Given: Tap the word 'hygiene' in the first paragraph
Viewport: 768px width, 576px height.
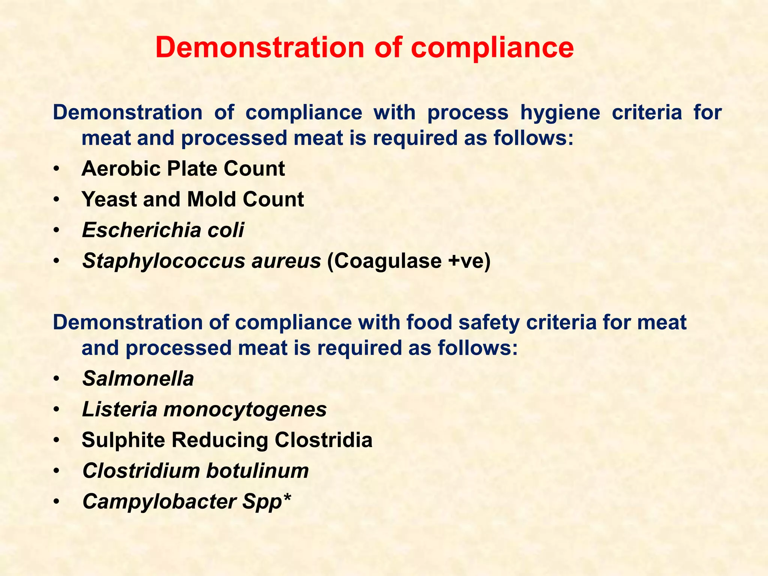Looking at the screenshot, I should click(560, 112).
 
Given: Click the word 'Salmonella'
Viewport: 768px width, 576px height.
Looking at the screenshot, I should click(138, 379).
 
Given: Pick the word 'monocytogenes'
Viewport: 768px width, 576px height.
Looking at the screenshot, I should click(245, 409).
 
